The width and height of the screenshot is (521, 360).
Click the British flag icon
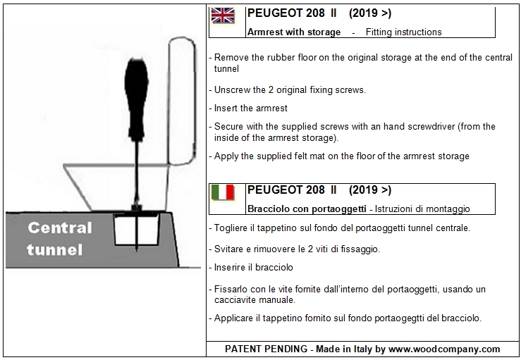pyautogui.click(x=223, y=15)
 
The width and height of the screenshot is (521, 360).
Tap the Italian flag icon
pyautogui.click(x=223, y=192)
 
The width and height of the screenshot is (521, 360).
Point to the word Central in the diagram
pyautogui.click(x=60, y=228)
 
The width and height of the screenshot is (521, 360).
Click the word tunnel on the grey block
pyautogui.click(x=55, y=249)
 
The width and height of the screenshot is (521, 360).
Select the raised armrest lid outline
pyautogui.click(x=195, y=99)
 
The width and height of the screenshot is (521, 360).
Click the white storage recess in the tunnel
pyautogui.click(x=136, y=230)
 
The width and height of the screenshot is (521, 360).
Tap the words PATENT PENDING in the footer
pyautogui.click(x=266, y=349)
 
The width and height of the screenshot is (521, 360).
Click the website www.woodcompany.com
pyautogui.click(x=444, y=349)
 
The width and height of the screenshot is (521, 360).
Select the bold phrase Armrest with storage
pyautogui.click(x=294, y=32)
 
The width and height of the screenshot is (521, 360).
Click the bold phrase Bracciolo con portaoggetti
pyautogui.click(x=307, y=209)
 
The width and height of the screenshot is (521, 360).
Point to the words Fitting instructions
pyautogui.click(x=404, y=32)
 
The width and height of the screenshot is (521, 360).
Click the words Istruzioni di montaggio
pyautogui.click(x=422, y=209)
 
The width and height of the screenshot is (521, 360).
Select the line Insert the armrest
pyautogui.click(x=250, y=108)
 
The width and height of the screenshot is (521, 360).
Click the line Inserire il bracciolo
pyautogui.click(x=254, y=267)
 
